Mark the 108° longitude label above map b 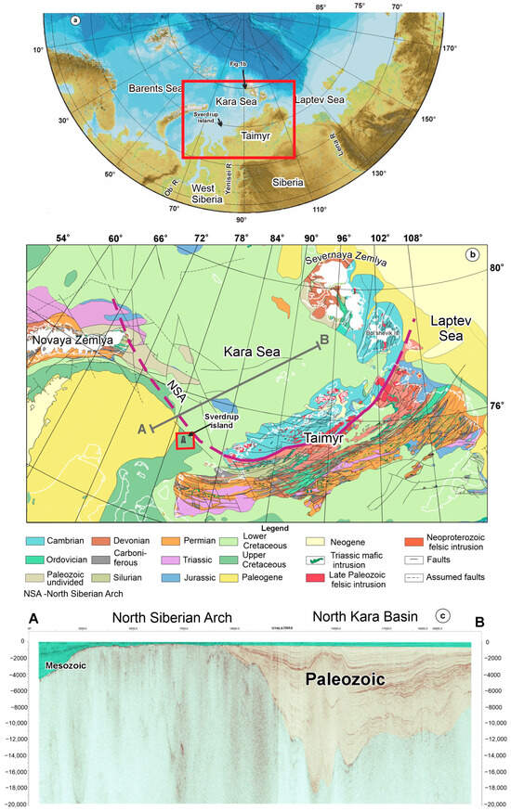pyautogui.click(x=413, y=238)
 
